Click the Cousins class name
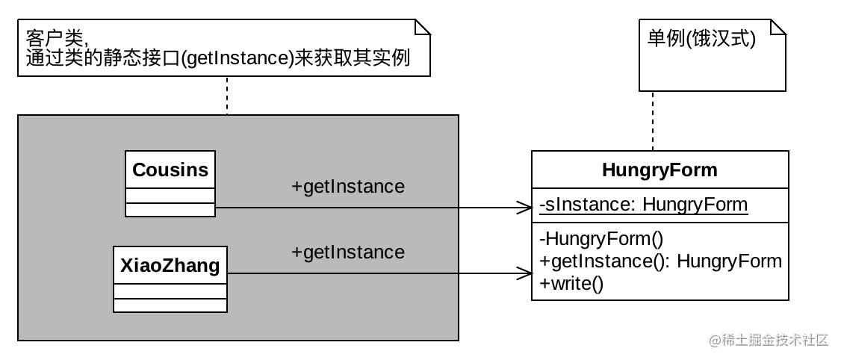(x=170, y=170)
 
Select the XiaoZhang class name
(x=170, y=266)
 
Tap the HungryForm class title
(x=660, y=170)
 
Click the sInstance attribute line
(x=644, y=205)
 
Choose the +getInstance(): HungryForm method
(x=660, y=261)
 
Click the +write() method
(x=571, y=283)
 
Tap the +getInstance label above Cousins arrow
(x=347, y=187)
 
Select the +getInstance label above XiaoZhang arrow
(x=347, y=252)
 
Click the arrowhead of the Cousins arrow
(x=524, y=207)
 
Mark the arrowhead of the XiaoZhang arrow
(x=524, y=273)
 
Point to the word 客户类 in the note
(x=55, y=39)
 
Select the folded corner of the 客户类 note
(x=423, y=28)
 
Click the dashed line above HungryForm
(x=653, y=121)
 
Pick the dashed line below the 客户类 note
(x=227, y=96)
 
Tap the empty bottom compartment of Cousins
(x=170, y=210)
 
